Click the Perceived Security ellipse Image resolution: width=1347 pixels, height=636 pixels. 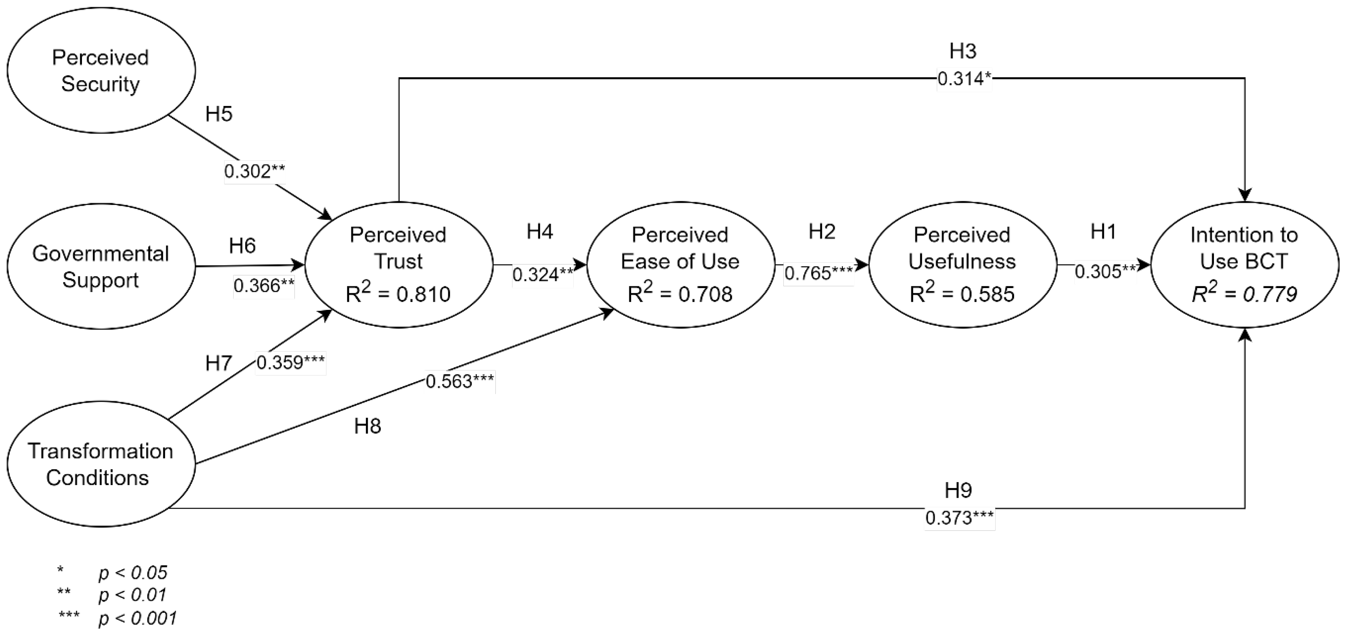click(x=100, y=70)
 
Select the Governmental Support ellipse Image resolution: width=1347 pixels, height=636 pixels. click(x=100, y=266)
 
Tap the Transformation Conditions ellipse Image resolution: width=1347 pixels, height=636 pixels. click(x=100, y=464)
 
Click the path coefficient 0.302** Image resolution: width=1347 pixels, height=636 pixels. click(x=255, y=171)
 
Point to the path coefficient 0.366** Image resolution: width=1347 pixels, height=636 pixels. click(x=264, y=286)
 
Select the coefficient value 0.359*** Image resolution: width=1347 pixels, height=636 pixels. click(x=290, y=362)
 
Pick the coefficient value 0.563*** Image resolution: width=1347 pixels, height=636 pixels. click(x=460, y=381)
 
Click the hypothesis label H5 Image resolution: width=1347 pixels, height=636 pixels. click(x=219, y=114)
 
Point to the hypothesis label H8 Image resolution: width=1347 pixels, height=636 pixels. click(x=368, y=426)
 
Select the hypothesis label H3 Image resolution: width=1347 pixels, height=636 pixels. click(x=963, y=51)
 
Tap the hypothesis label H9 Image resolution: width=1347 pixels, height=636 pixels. click(x=959, y=490)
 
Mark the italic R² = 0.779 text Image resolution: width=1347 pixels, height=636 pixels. click(x=1244, y=294)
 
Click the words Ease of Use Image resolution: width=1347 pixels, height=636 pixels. click(x=680, y=261)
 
